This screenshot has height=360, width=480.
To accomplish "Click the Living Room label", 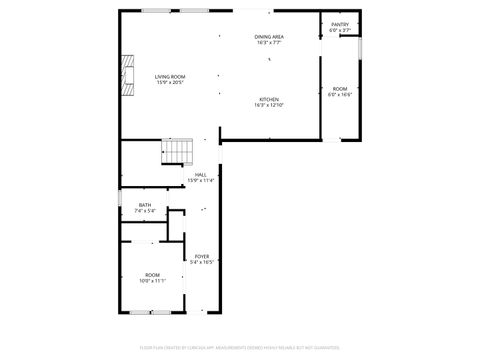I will (169, 76).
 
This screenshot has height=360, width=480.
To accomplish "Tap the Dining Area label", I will (270, 36).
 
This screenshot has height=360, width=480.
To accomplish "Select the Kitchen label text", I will (270, 99).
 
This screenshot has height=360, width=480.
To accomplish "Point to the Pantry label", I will (340, 25).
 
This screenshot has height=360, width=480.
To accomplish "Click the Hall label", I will (200, 174).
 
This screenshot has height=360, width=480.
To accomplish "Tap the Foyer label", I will (201, 256).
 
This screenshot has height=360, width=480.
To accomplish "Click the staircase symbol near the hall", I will (176, 151).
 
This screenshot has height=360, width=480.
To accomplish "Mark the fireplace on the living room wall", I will (125, 73).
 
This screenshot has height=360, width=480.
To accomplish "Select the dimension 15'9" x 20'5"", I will (169, 82).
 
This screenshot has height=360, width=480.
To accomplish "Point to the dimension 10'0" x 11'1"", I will (152, 280).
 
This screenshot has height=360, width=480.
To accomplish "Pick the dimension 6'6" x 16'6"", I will (340, 94).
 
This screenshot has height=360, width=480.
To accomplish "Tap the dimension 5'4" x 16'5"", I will (201, 262).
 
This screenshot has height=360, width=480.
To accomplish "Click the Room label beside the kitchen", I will (340, 88).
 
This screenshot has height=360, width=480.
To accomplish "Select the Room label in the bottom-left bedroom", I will (152, 274).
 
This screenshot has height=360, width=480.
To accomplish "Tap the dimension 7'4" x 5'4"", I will (145, 211).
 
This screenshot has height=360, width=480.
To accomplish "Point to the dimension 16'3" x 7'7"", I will (270, 42).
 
